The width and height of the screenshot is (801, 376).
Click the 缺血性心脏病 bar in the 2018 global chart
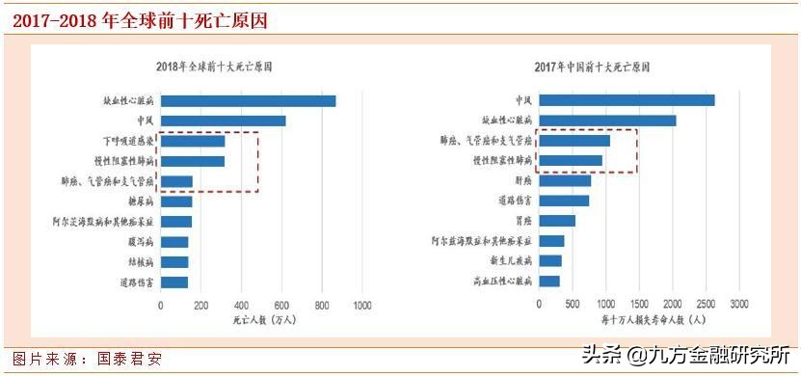[x=248, y=100]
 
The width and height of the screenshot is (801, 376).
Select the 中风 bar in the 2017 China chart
[x=627, y=100]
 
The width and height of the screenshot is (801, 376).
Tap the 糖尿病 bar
[x=176, y=201]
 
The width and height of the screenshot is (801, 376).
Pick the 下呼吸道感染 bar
[x=193, y=141]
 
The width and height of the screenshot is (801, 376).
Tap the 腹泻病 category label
[x=142, y=241]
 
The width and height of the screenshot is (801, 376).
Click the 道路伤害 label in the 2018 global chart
[x=138, y=282]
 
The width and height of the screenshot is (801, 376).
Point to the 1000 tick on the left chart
[x=362, y=305]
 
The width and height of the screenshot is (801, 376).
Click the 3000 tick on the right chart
[x=738, y=305]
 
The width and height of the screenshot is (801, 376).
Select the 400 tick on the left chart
[x=241, y=305]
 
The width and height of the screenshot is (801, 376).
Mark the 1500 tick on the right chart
[x=639, y=305]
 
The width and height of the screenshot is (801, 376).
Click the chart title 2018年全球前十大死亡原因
[x=214, y=67]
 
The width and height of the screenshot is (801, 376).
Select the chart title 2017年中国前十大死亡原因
[x=592, y=67]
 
